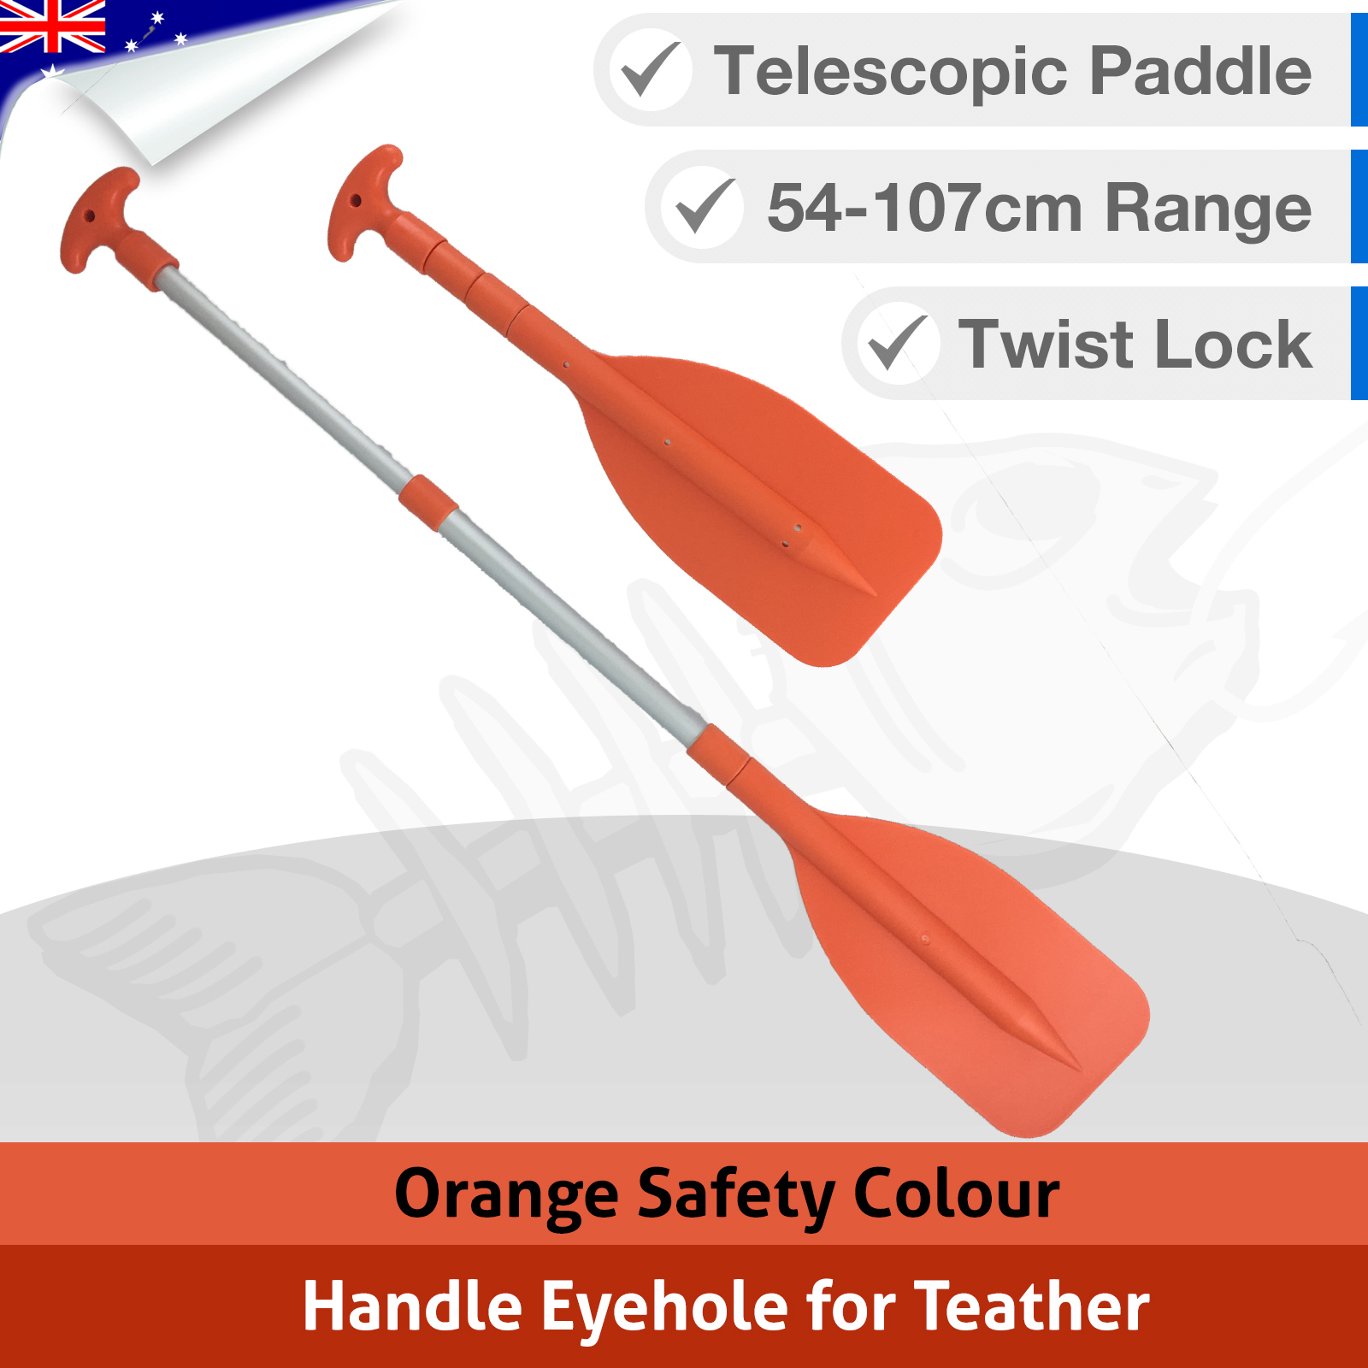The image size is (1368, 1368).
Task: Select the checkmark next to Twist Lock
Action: [898, 343]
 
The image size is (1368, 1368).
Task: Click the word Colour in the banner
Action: [957, 1194]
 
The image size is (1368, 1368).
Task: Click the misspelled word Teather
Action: [1032, 1306]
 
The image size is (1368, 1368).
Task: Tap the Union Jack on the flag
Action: [51, 26]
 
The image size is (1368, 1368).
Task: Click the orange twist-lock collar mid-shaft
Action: [427, 503]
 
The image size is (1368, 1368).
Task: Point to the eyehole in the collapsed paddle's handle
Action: [356, 201]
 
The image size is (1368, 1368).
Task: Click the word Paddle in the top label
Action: [1200, 71]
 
